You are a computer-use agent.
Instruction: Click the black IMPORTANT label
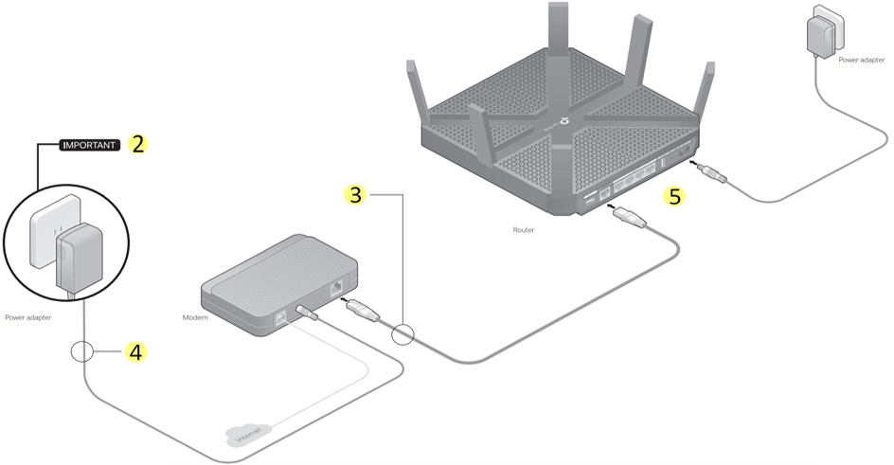pos(89,146)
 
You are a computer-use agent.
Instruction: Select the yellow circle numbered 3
pos(354,195)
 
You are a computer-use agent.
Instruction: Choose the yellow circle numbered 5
pos(674,196)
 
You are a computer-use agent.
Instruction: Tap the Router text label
pos(524,229)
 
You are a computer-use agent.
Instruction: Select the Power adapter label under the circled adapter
pos(27,318)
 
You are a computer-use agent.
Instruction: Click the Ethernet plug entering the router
pos(630,220)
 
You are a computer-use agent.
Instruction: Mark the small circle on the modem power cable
pos(84,352)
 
